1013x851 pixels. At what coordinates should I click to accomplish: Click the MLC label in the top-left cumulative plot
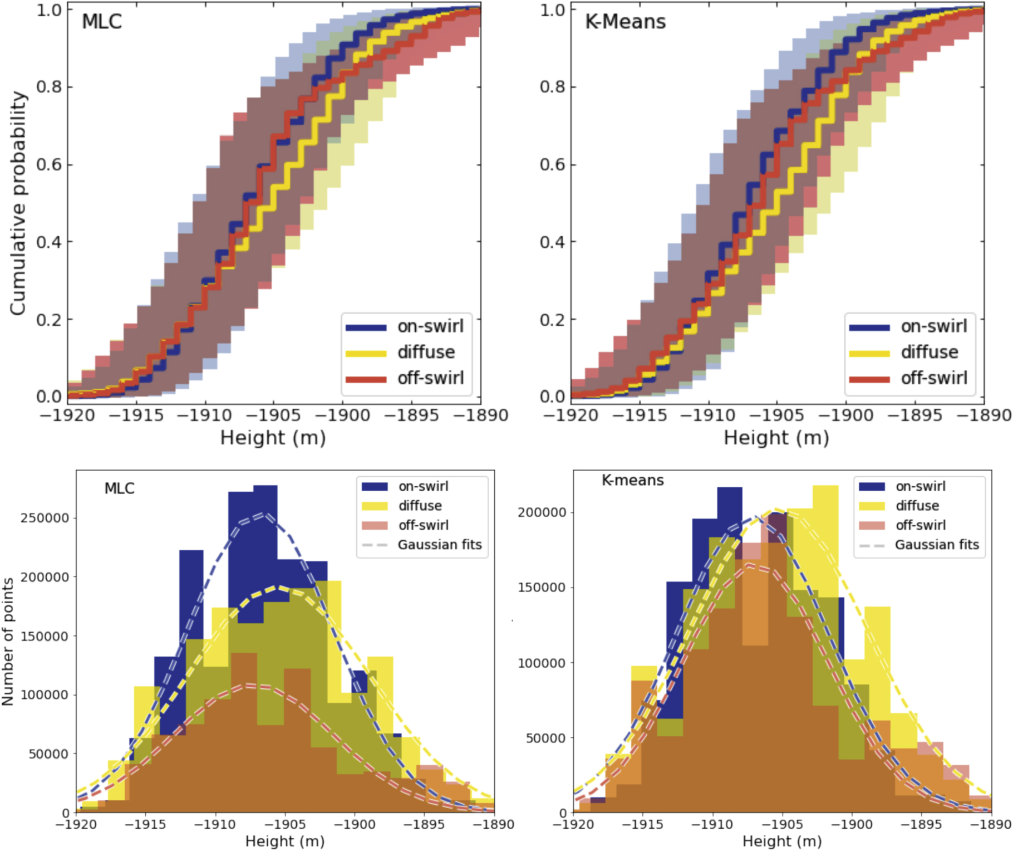pos(101,22)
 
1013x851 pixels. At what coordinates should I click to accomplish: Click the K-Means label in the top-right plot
pos(625,22)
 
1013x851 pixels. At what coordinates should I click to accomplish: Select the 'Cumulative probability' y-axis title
pos(18,203)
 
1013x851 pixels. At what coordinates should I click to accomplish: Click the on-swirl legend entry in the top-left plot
pos(430,326)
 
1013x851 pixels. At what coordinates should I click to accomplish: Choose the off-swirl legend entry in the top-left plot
pos(430,378)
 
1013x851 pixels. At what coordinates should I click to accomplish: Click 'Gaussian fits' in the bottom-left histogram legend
pos(439,545)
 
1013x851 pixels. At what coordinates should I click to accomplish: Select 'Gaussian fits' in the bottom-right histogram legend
pos(937,545)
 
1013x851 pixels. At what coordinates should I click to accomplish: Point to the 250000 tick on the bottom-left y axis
pos(45,518)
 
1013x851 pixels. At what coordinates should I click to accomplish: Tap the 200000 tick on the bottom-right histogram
pos(542,512)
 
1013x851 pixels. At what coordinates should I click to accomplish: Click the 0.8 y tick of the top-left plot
pos(49,87)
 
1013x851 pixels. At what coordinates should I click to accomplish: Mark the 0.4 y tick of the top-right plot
pos(553,242)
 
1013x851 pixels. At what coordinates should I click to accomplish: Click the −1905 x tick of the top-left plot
pos(274,415)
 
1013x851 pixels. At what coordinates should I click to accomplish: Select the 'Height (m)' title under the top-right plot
pos(776,438)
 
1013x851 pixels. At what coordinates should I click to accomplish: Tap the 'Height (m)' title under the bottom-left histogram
pos(285,841)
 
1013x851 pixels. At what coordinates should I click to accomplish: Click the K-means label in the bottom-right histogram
pos(632,480)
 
